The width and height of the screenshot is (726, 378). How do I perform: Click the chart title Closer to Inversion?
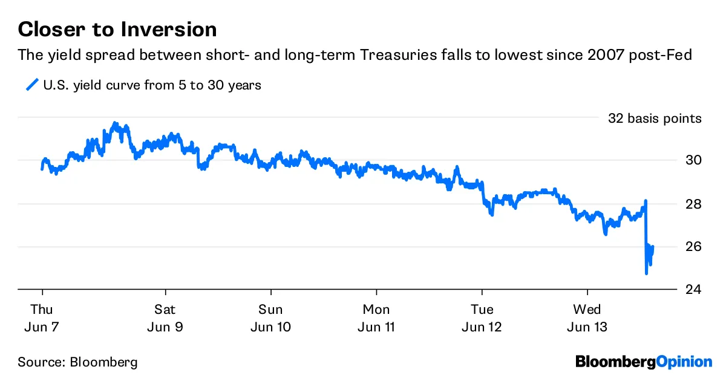[117, 29]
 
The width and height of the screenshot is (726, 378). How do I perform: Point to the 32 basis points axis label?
[655, 119]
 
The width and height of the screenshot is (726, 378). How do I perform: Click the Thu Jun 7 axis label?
[42, 318]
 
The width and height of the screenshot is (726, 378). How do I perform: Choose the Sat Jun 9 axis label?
[165, 318]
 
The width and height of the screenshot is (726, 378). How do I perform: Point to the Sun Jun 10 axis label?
[270, 318]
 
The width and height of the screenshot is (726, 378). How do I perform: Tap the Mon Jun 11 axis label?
[376, 318]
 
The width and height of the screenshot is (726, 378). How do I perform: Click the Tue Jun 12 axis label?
[482, 318]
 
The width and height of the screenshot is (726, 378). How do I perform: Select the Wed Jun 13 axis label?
[587, 318]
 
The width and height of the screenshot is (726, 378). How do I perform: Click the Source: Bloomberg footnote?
[77, 363]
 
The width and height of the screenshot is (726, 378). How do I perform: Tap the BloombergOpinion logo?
[644, 362]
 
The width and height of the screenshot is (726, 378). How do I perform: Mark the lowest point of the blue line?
[647, 273]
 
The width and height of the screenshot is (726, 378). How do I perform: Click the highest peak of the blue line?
[116, 123]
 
